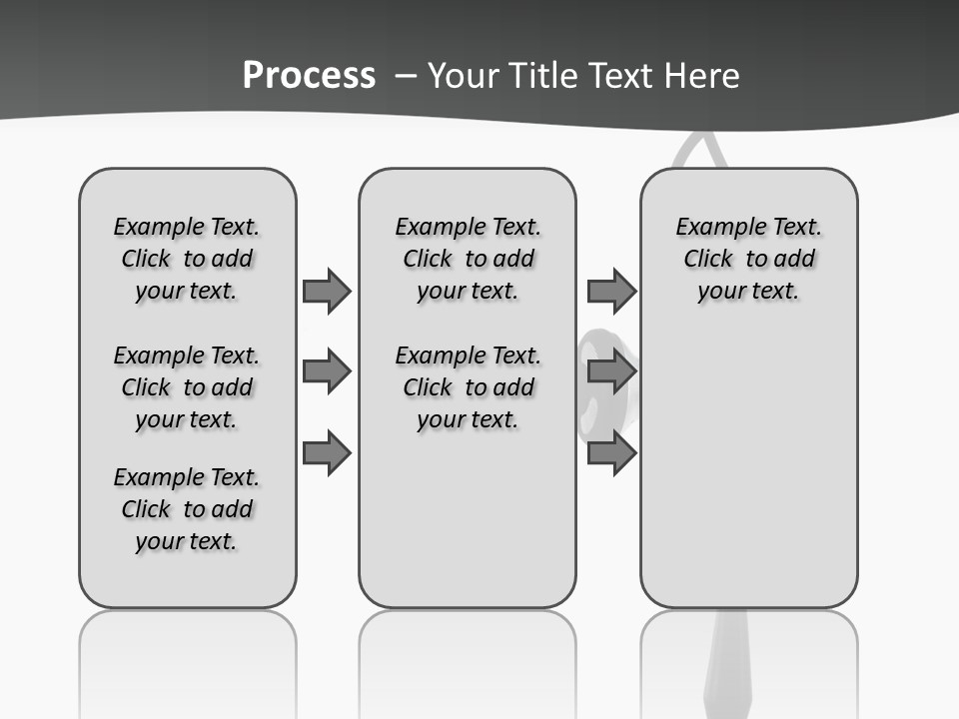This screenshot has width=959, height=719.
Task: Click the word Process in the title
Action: tap(309, 76)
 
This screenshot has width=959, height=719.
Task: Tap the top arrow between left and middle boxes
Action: tap(327, 291)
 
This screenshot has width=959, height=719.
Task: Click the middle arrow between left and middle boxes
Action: tap(327, 371)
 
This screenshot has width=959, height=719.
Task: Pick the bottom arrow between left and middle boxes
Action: tap(327, 452)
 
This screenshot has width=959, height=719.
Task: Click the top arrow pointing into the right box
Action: tap(611, 291)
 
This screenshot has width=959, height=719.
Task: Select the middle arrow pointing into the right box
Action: tap(611, 371)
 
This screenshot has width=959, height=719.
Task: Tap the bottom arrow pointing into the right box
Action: tap(611, 452)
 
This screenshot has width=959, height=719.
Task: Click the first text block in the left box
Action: tap(187, 259)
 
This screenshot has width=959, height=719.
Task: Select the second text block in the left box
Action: tap(187, 387)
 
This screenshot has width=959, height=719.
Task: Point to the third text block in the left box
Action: tap(187, 509)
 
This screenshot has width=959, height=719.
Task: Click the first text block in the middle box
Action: tap(468, 259)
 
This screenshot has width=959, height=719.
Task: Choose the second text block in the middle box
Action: tap(468, 387)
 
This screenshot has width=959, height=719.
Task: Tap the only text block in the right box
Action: tap(749, 259)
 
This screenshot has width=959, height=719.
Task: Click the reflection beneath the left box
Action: tap(188, 659)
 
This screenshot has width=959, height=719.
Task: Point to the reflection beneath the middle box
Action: tap(468, 659)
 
